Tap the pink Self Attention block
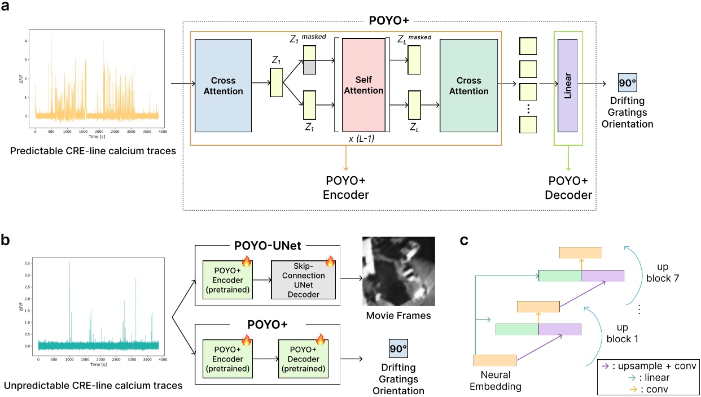[x=362, y=86]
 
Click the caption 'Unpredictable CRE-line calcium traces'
[x=93, y=386]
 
